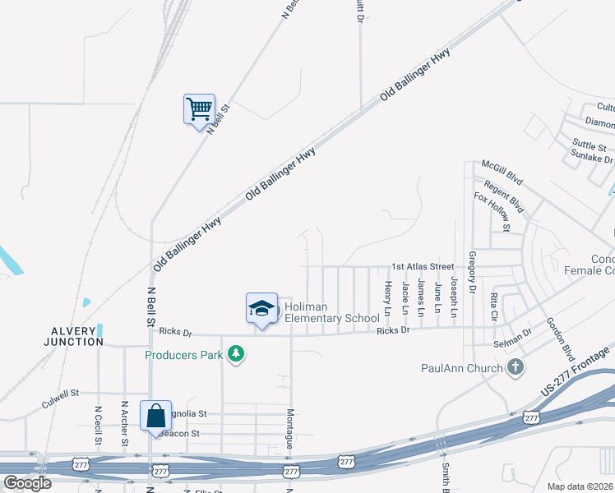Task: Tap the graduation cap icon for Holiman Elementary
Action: pos(261,309)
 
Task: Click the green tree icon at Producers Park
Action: pos(237,354)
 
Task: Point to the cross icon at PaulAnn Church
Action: pos(516,367)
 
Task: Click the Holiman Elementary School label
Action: pos(332,312)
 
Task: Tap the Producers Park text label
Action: pos(186,355)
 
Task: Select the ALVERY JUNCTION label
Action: pos(73,335)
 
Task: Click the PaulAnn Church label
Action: pos(461,368)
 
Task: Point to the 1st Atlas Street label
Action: pos(423,266)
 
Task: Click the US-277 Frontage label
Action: pos(575,368)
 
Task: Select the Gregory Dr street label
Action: pos(472,273)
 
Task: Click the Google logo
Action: pos(28,483)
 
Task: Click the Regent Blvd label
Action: pos(504,196)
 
